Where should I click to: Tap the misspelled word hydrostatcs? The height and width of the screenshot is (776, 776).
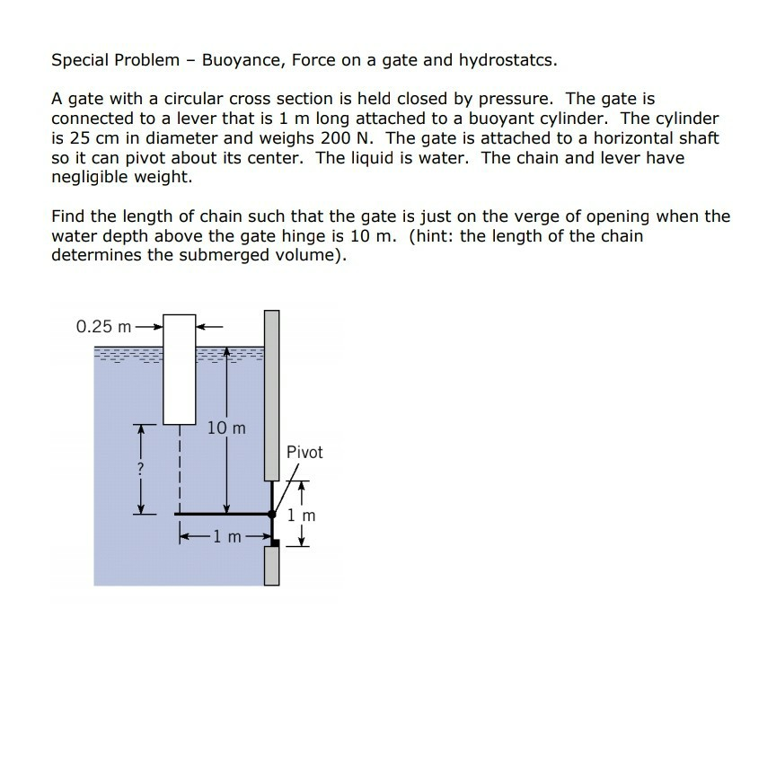[507, 61]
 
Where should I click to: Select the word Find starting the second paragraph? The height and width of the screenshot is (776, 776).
[69, 216]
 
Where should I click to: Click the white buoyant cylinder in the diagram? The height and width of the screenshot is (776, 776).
[180, 368]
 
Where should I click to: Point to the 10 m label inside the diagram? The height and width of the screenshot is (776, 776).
[225, 428]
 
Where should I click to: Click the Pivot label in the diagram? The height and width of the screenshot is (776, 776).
[304, 452]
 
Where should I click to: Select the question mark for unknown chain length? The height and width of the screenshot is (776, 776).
[140, 469]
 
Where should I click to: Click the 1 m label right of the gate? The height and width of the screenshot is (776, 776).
[303, 516]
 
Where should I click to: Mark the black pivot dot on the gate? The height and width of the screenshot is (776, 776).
[272, 514]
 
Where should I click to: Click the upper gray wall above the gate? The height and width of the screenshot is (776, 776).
[272, 395]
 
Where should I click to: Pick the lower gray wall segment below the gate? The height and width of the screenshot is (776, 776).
[272, 566]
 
